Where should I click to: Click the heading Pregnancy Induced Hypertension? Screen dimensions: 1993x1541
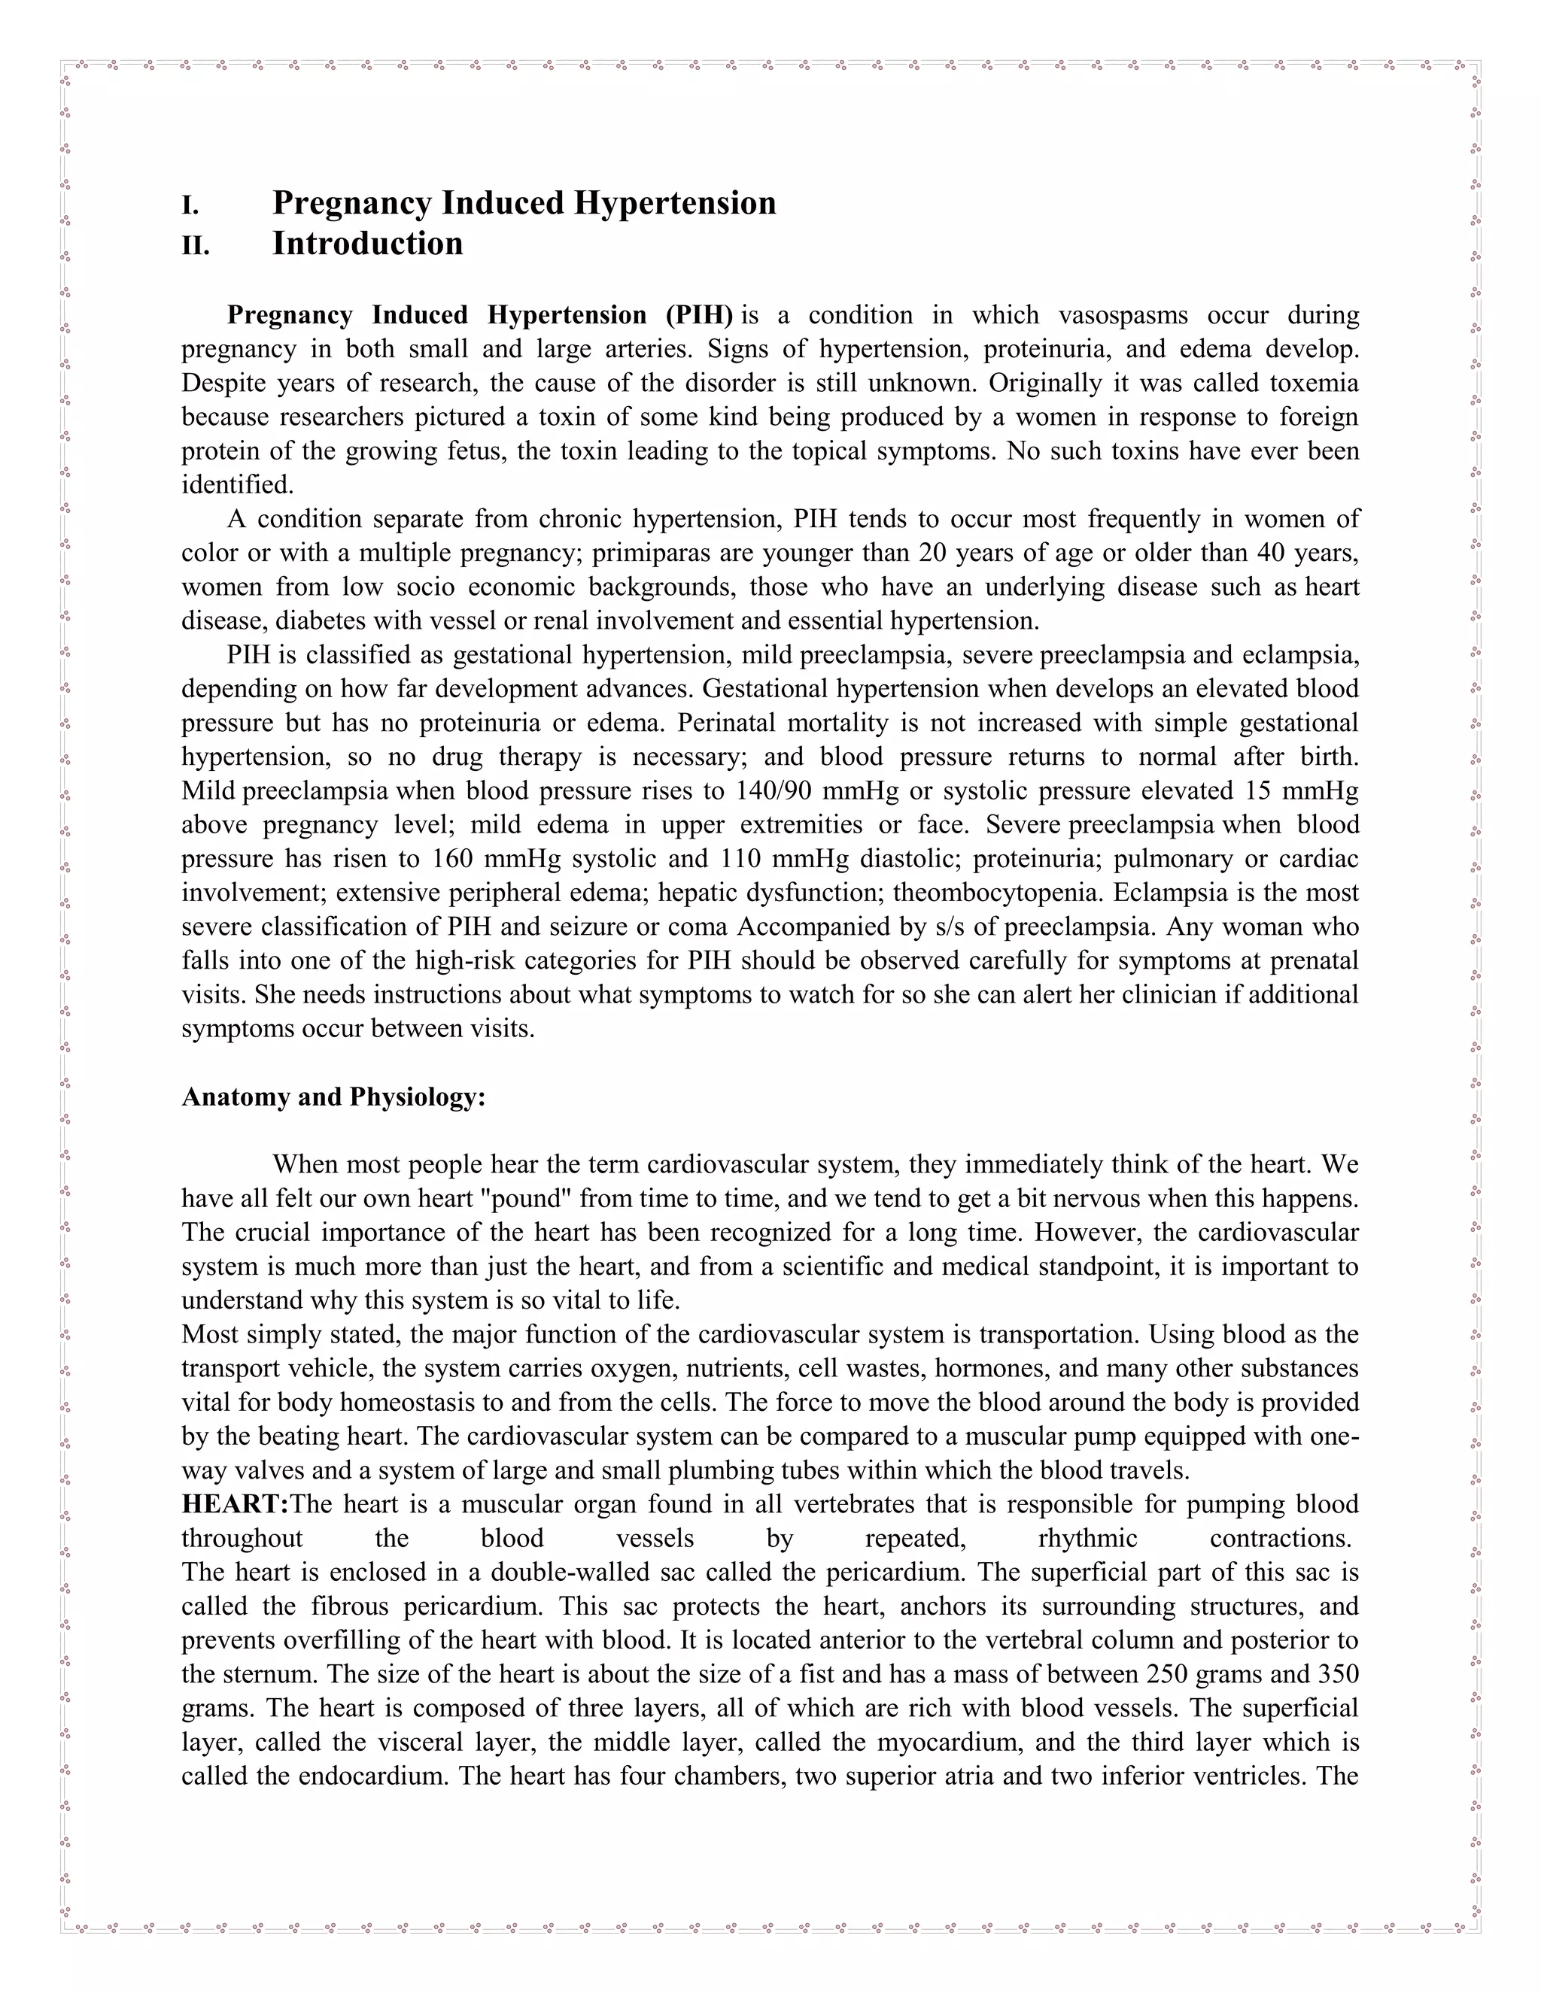click(x=524, y=202)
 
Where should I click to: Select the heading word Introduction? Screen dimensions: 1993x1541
click(x=367, y=244)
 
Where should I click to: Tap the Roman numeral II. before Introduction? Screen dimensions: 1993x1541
click(x=196, y=245)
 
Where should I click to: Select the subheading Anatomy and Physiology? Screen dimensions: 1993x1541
click(x=333, y=1096)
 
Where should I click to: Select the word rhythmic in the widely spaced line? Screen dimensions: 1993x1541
click(x=1087, y=1538)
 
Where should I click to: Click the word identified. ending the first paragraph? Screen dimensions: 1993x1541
click(x=237, y=484)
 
